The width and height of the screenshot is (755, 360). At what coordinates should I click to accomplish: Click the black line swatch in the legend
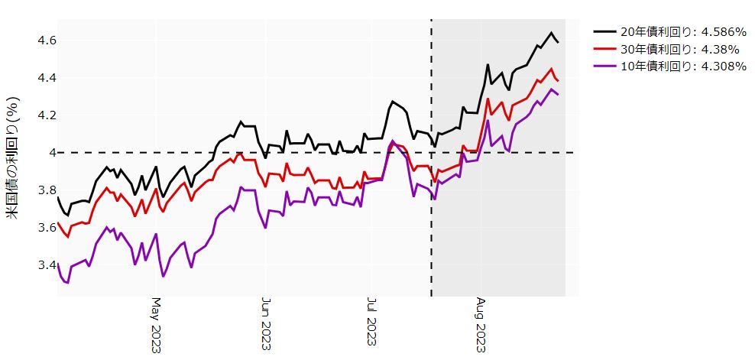point(604,32)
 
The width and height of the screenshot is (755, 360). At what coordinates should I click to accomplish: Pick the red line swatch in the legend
point(604,49)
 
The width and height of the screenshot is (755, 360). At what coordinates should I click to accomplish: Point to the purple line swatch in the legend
point(604,66)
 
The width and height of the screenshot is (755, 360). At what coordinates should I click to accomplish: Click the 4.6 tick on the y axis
point(38,41)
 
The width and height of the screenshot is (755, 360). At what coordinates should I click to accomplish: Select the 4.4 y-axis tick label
point(38,78)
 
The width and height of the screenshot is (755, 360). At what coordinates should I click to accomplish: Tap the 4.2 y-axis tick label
point(38,115)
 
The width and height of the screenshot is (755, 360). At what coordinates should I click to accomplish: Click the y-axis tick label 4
point(44,153)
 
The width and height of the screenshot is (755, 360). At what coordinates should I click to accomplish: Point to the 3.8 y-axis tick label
point(38,190)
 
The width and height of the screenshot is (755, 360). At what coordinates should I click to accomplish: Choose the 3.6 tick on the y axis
point(38,228)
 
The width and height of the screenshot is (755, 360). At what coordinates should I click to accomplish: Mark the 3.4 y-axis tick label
point(38,265)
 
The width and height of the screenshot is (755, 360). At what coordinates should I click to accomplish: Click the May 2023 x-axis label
point(156,325)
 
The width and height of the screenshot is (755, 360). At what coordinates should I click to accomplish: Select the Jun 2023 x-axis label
point(265,325)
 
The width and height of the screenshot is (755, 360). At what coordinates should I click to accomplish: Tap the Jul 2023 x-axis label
point(372,325)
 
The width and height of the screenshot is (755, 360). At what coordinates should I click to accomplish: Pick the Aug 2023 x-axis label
point(481,325)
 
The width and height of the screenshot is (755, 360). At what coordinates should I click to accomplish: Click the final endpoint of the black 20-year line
point(558,42)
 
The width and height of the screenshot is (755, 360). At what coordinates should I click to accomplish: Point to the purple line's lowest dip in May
point(163,277)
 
